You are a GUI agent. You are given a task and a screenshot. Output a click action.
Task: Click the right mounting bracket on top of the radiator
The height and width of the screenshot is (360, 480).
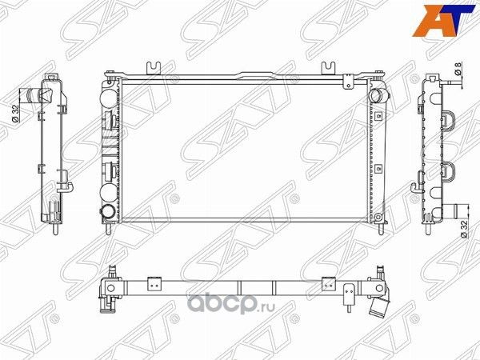pos(328,69)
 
